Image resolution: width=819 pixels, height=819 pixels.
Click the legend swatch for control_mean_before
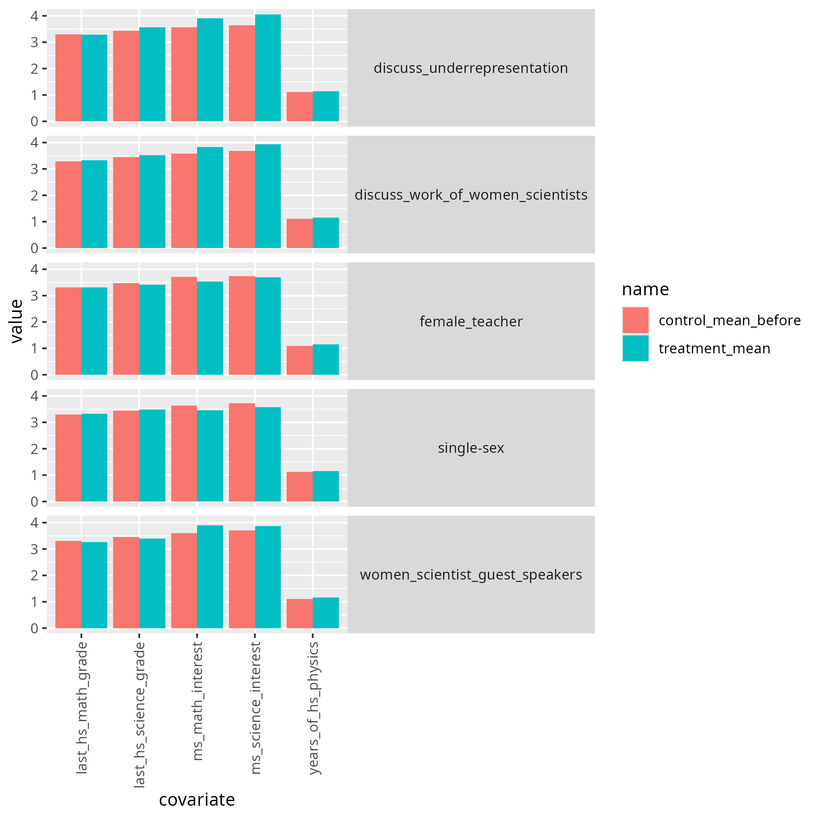point(635,320)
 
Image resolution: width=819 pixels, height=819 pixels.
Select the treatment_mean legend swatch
point(635,348)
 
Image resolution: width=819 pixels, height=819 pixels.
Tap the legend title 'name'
point(645,289)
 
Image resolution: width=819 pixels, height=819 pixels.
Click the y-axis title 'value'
point(16,321)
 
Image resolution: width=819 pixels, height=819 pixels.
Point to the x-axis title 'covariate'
point(197,800)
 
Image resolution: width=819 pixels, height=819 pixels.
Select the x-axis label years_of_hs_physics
point(313,707)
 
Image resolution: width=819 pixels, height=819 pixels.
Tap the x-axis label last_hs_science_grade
point(140,715)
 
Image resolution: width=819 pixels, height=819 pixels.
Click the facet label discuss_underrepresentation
point(471,68)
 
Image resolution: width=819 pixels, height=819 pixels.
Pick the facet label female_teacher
point(471,321)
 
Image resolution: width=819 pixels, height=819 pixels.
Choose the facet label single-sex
point(471,448)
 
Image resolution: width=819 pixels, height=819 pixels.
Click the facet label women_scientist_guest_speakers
point(471,574)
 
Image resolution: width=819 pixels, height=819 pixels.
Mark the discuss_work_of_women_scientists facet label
point(471,195)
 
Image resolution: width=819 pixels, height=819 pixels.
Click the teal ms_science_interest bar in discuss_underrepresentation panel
point(268,68)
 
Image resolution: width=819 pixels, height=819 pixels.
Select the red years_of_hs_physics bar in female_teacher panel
point(299,360)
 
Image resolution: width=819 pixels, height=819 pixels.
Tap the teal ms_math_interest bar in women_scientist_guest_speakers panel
point(210,576)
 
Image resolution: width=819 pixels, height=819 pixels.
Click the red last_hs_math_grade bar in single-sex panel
point(68,458)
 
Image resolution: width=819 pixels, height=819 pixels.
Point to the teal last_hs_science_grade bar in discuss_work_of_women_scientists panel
point(152,201)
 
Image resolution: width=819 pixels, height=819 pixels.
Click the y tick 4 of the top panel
point(34,16)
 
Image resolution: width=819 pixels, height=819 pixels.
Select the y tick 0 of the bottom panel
point(34,628)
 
